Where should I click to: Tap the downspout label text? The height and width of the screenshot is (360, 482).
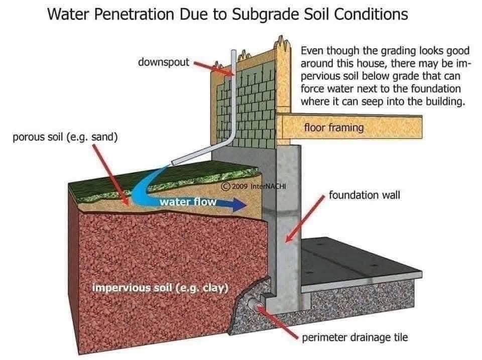pyautogui.click(x=164, y=62)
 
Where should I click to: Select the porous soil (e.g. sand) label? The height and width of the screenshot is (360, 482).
pyautogui.click(x=65, y=137)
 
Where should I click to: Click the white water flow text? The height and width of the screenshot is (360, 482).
pyautogui.click(x=188, y=202)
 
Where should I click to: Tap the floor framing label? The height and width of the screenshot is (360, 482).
pyautogui.click(x=334, y=128)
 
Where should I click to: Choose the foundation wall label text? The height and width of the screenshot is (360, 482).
pyautogui.click(x=365, y=195)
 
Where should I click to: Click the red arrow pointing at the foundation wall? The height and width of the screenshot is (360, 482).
pyautogui.click(x=305, y=218)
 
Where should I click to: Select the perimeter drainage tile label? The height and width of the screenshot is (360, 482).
pyautogui.click(x=355, y=337)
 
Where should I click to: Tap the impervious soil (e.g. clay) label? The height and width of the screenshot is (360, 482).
pyautogui.click(x=160, y=288)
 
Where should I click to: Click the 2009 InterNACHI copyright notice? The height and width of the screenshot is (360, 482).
pyautogui.click(x=254, y=186)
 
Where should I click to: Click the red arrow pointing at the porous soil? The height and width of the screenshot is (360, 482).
pyautogui.click(x=110, y=175)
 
